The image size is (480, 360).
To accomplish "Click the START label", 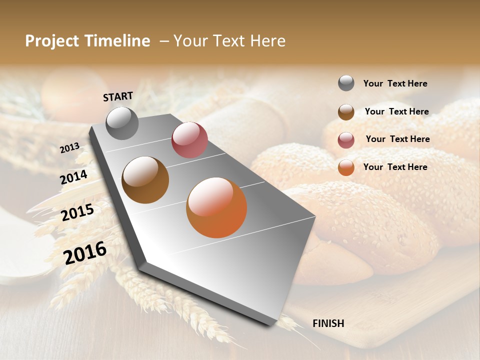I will (118, 96).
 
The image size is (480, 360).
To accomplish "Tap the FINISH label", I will (328, 323).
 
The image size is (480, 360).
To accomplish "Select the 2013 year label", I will (70, 147).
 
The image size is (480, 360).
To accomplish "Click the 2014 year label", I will (74, 177).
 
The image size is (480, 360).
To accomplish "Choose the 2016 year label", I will (85, 252).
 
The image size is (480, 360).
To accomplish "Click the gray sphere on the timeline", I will (122, 123).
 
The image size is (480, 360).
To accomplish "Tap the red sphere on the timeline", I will (189, 139).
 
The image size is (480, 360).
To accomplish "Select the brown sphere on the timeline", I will (145, 180).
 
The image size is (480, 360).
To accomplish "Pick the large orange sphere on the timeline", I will (216, 207).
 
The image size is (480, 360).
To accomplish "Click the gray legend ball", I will (346, 83).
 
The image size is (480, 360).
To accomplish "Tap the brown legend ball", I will (346, 112).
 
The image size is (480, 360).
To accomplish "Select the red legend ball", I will (346, 140).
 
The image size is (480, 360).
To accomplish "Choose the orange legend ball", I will (346, 167).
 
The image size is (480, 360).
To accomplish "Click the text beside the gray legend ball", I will (395, 84).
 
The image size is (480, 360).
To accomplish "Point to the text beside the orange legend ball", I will (395, 167).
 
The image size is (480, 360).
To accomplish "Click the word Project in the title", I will (51, 41).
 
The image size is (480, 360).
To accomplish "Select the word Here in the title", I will (268, 41).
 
